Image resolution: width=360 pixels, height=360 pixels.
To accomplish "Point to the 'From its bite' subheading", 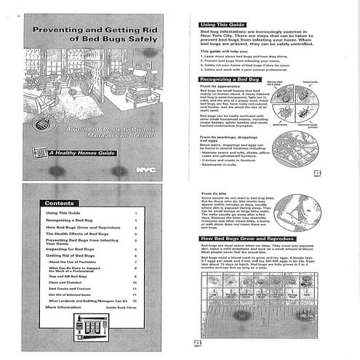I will click(214, 193).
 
